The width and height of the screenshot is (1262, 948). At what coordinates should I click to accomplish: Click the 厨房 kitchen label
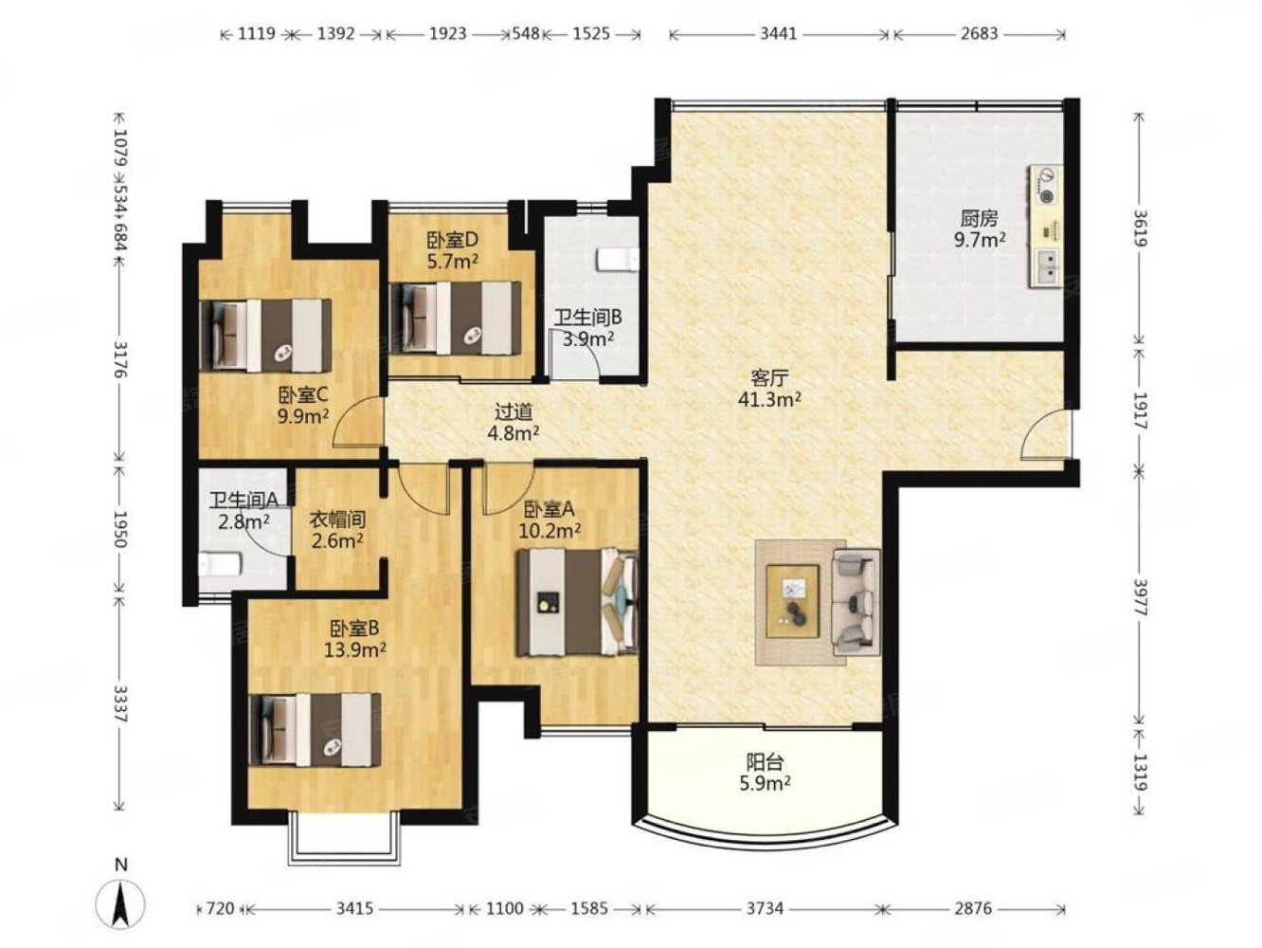(x=978, y=219)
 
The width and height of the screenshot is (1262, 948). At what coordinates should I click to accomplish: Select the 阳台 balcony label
(x=765, y=762)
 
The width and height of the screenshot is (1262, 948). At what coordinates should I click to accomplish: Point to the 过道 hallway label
(x=514, y=411)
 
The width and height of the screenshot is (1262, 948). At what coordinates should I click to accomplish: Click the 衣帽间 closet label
(x=337, y=520)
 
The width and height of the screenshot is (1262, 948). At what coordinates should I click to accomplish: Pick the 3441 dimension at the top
(x=779, y=34)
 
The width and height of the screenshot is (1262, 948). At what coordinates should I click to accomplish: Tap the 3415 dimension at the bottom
(x=354, y=908)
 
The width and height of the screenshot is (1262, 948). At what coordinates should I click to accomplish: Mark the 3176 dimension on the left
(x=120, y=359)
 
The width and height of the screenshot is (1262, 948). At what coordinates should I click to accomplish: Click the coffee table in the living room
(x=793, y=601)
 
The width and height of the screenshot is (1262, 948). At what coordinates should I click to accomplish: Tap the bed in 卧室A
(x=578, y=602)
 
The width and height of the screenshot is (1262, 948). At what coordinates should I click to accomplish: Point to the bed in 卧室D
(x=455, y=317)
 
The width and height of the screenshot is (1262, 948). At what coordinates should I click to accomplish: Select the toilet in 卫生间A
(x=219, y=564)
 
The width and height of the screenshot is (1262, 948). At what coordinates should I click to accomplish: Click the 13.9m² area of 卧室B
(x=354, y=650)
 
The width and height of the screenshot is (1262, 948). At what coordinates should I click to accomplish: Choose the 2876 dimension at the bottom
(x=974, y=908)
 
